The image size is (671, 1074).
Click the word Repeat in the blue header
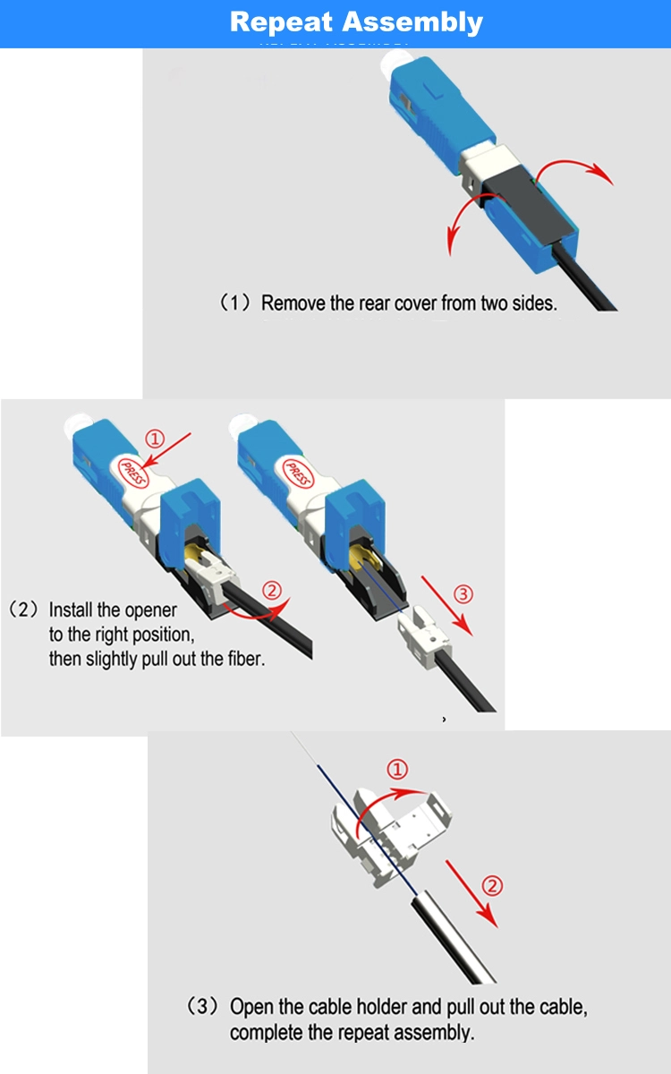coord(281,22)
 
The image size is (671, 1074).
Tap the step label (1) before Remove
coord(234,303)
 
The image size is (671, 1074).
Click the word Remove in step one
coord(293,303)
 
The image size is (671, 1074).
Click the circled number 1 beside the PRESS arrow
coord(155,439)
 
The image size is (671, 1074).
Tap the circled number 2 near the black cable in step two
coord(272,590)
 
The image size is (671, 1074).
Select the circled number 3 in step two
coord(463,594)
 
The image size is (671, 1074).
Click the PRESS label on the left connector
coord(133,473)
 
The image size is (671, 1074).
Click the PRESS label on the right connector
coord(298,473)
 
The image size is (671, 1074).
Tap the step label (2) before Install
coord(23,609)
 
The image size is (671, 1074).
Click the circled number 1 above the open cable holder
coord(397,769)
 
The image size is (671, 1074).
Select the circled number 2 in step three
coord(492,885)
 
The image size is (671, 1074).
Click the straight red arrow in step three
coord(472,894)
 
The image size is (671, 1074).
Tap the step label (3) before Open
coord(203,1006)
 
